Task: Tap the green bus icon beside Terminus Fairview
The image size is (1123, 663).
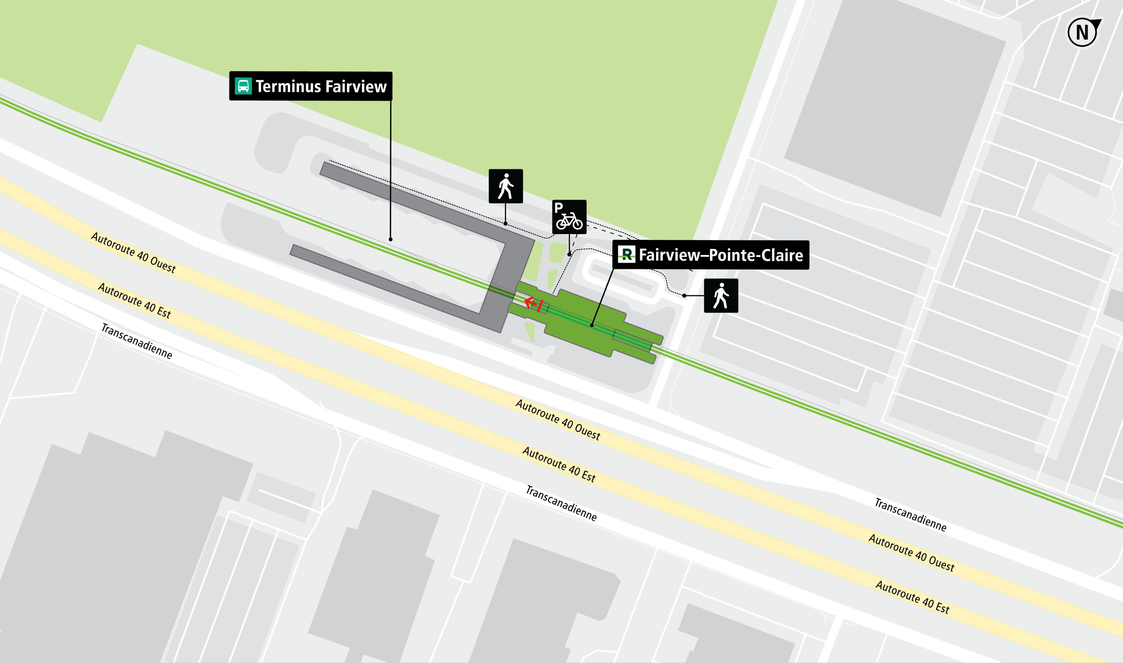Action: click(243, 86)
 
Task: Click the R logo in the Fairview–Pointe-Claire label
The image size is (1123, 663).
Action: click(626, 254)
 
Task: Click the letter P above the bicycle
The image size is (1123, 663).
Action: click(558, 208)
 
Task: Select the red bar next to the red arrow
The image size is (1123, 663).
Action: click(540, 307)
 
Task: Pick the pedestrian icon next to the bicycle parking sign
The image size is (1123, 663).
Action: click(506, 186)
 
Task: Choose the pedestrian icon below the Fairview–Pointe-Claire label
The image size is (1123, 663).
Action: click(721, 296)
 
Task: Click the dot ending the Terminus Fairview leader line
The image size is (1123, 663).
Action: click(391, 239)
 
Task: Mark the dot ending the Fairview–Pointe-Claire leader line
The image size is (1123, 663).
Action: click(592, 325)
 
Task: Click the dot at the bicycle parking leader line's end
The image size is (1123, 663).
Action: click(569, 255)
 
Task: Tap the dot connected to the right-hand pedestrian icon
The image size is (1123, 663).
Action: click(684, 296)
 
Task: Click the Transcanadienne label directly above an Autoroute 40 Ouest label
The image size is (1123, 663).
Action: click(910, 515)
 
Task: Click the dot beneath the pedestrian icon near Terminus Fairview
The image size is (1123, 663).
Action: click(505, 224)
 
